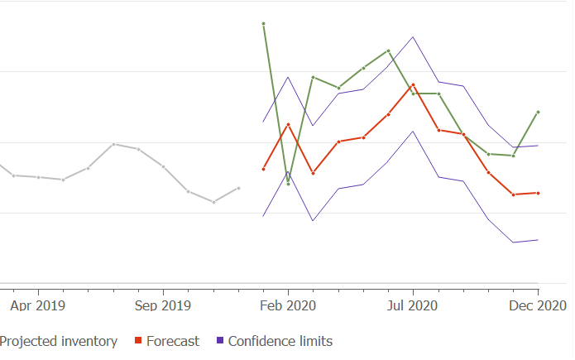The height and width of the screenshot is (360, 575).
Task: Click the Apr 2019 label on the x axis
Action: coord(38,305)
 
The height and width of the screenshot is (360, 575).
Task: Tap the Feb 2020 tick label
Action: coord(288,305)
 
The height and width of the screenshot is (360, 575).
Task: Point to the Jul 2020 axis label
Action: coord(413,305)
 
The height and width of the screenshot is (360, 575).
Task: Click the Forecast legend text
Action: coord(172,341)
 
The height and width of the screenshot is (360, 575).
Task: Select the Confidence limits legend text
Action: coord(280,341)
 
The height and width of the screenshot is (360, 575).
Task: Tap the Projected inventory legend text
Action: coord(58,341)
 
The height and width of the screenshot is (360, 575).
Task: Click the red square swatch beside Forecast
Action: coord(138,341)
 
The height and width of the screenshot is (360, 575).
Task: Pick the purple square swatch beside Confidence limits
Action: coord(219,341)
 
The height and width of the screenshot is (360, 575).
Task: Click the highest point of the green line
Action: coord(263,23)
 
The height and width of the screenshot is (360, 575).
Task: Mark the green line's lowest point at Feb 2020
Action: coord(288,183)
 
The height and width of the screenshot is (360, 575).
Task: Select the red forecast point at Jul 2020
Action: coord(413,84)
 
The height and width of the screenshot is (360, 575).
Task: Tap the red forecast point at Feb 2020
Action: coord(288,124)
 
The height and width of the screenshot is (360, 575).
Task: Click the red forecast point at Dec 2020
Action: coord(538,193)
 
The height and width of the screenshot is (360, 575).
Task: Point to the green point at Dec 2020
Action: coord(538,112)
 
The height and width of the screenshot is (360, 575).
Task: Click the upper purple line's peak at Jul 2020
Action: coord(413,36)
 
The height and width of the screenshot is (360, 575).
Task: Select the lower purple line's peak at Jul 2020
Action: coord(413,132)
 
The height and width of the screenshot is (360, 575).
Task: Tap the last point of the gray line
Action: coord(238,188)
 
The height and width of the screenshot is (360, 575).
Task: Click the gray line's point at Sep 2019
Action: coord(163,166)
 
